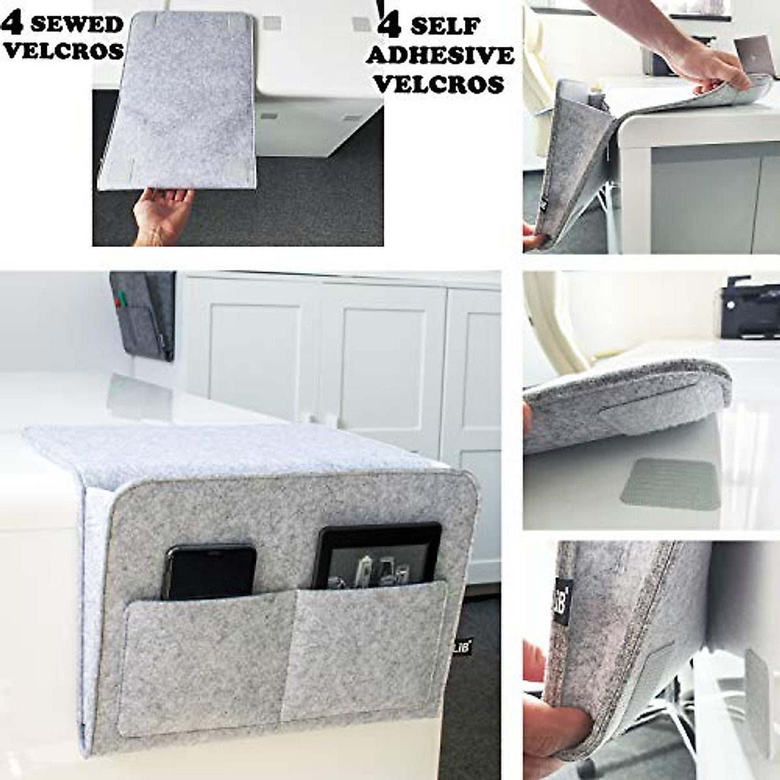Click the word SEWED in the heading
tap(77, 25)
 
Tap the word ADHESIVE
tap(439, 56)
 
